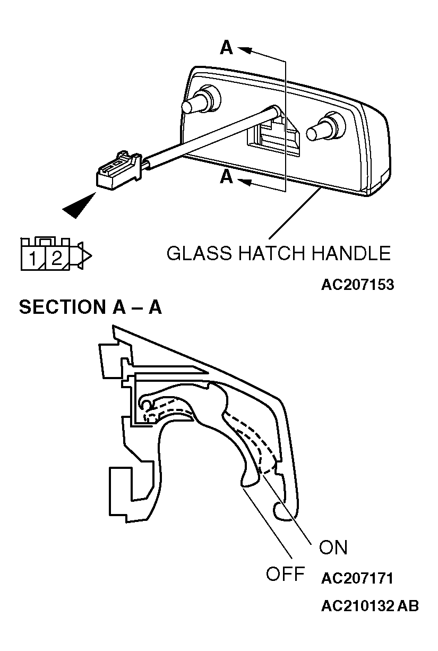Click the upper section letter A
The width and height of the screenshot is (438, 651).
226,47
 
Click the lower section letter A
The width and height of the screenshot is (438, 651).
226,177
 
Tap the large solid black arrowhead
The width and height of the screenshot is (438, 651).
79,206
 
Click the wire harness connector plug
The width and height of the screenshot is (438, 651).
118,170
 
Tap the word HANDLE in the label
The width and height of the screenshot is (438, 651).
351,253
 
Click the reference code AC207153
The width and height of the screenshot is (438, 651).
357,285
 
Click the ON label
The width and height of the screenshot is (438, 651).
333,547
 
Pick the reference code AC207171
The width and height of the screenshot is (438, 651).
357,578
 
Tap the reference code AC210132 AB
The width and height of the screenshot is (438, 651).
370,606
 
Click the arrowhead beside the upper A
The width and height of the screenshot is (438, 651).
244,50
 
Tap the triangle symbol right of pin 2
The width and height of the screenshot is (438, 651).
84,256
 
